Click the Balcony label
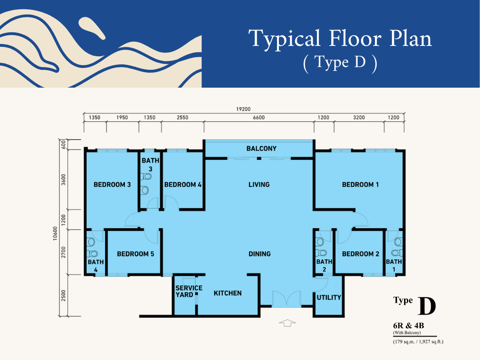coord(262,149)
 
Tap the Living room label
coord(259,185)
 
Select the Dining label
coord(260,254)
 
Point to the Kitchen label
coord(227,293)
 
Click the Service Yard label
coord(189,292)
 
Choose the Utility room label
coord(329,298)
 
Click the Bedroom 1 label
coord(360,185)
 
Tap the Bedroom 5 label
coord(135,254)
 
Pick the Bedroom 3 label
coord(112,185)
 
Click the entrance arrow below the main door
coord(287,322)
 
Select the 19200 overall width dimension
coord(243,109)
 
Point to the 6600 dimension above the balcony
coord(259,118)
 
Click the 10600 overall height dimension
coord(55,233)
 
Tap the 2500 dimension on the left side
coord(63,295)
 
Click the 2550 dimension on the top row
coord(182,118)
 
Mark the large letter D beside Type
coord(427,306)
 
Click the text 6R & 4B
coord(408,326)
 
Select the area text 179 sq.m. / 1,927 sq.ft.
coord(418,342)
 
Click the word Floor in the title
coord(355,38)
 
